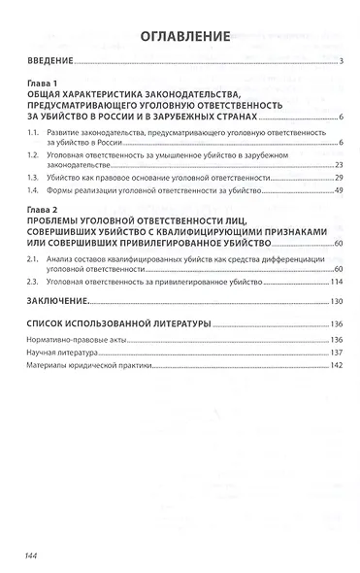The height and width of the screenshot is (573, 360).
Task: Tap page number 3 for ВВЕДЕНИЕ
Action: pos(343,63)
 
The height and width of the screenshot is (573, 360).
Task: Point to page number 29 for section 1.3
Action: pos(341,178)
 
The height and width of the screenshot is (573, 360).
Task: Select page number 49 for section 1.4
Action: pos(341,191)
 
